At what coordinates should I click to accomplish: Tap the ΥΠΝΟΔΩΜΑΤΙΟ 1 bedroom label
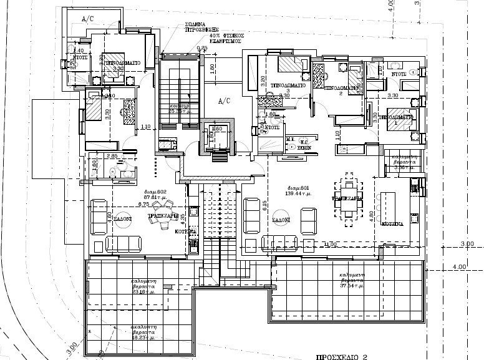pyautogui.click(x=400, y=117)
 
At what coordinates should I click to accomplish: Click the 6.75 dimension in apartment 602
pyautogui.click(x=143, y=204)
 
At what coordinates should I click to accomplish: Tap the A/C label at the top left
pyautogui.click(x=89, y=20)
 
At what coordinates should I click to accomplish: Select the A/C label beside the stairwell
pyautogui.click(x=224, y=100)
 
